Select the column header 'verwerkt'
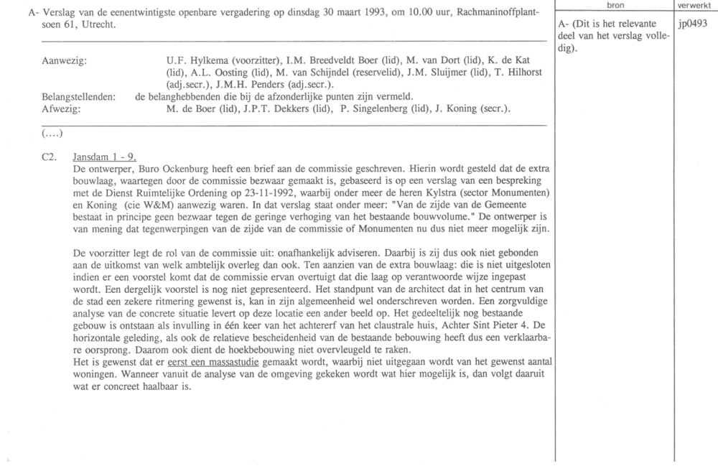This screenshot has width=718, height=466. coord(695,5)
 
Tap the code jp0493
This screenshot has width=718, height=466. coord(692,24)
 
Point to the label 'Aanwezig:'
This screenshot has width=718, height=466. coord(65,62)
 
